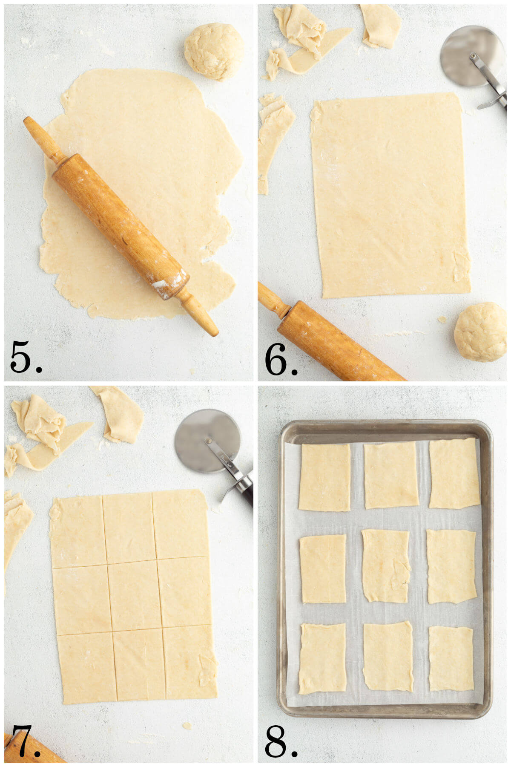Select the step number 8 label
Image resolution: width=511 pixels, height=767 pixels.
280,741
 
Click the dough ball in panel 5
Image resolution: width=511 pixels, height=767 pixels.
214,51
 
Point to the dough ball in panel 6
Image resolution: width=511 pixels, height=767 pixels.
480,332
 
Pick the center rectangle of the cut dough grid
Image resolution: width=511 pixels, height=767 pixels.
134,595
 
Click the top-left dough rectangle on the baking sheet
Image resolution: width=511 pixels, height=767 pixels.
325,477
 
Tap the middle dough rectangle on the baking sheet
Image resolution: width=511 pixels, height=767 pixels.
386,565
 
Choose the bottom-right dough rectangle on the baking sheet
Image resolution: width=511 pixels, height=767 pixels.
451,658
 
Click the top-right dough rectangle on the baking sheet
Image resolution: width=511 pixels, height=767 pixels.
454,473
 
